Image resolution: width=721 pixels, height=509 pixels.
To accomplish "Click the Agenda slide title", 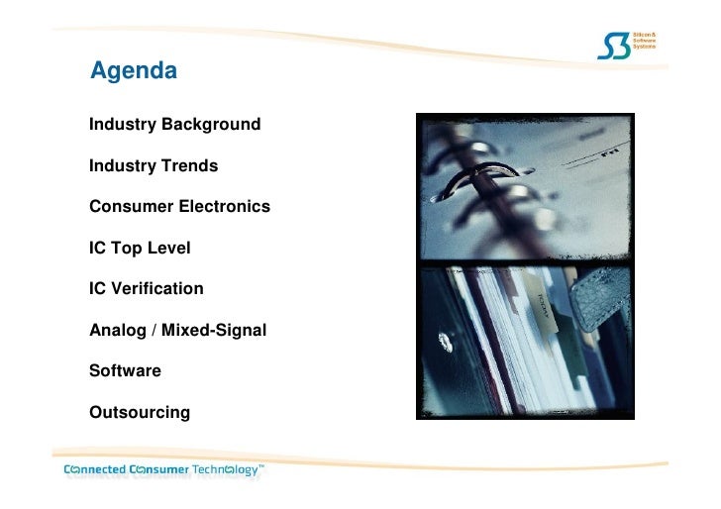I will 134,71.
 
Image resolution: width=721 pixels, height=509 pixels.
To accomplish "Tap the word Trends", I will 191,165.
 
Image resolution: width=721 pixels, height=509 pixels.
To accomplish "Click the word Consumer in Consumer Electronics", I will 129,207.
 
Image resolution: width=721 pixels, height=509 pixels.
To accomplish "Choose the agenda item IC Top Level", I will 140,248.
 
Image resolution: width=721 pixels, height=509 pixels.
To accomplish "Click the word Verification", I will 156,289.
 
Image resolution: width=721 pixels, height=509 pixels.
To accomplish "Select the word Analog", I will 118,330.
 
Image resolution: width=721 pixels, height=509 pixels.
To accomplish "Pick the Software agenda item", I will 125,370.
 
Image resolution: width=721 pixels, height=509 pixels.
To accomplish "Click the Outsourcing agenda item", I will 140,411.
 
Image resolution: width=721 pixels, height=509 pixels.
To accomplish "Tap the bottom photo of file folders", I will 525,342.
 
